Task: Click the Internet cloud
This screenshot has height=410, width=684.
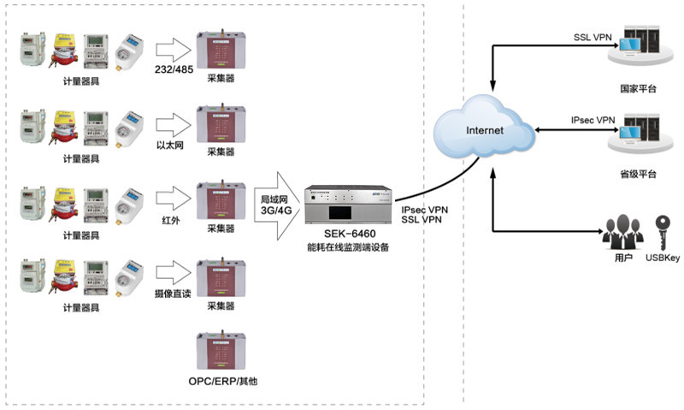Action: pyautogui.click(x=479, y=131)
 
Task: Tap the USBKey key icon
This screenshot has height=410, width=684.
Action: pyautogui.click(x=662, y=229)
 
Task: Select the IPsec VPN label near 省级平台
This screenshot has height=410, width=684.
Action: pyautogui.click(x=593, y=121)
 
